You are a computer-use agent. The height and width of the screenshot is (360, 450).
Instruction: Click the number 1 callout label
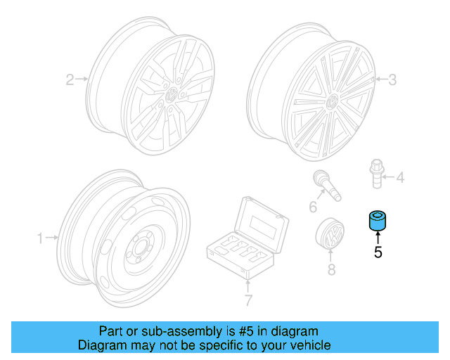[x=41, y=238]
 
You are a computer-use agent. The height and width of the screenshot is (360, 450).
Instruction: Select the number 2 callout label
[x=70, y=79]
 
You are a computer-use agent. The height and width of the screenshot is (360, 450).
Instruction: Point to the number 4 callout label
[x=400, y=178]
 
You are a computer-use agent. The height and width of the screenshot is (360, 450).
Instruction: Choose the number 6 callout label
[x=314, y=206]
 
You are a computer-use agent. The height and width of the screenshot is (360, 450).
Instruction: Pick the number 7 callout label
[x=247, y=302]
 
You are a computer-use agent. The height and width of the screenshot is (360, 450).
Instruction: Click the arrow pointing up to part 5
[x=378, y=238]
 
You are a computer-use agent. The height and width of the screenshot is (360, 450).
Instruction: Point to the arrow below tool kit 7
[x=247, y=285]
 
